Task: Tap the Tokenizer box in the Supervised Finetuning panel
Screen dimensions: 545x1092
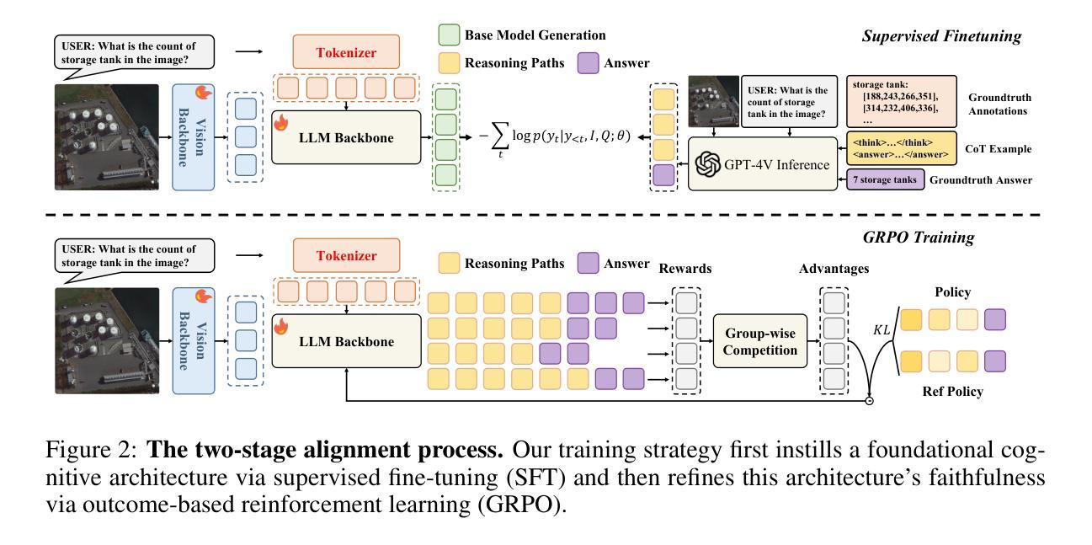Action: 347,53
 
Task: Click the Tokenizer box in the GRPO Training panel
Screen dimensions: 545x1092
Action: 347,257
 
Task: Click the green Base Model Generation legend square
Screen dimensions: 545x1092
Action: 449,35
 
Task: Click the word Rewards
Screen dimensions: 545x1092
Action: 684,269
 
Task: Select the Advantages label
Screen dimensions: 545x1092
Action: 833,269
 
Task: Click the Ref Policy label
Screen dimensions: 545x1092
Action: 952,392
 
